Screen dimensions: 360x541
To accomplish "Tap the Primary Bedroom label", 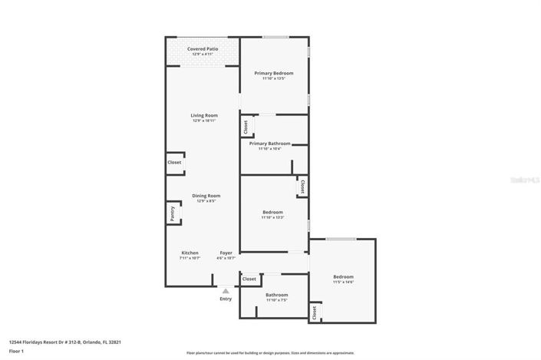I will tap(274, 74).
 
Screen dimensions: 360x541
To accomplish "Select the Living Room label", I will tap(204, 115).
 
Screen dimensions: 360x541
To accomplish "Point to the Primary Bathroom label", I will tap(269, 144).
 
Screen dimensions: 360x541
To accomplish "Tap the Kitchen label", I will tap(190, 253).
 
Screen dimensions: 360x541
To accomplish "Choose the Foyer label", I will tap(226, 253).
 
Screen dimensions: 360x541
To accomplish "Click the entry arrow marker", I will tap(226, 291).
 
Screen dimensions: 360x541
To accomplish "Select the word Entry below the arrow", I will tap(226, 299).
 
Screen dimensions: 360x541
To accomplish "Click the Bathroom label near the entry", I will tap(276, 295).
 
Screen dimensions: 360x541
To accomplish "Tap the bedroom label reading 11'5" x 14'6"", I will tap(343, 282).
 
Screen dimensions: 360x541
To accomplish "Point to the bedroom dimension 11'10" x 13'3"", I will tap(273, 217).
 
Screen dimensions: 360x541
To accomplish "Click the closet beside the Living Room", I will tap(175, 163).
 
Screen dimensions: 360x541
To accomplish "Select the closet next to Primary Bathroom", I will tap(246, 127).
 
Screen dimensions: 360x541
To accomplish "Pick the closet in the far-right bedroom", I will tap(314, 312).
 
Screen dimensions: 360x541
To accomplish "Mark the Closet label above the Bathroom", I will tap(249, 279).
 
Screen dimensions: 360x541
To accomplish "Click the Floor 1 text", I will tap(17, 351).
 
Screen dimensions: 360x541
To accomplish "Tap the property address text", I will tap(65, 342).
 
